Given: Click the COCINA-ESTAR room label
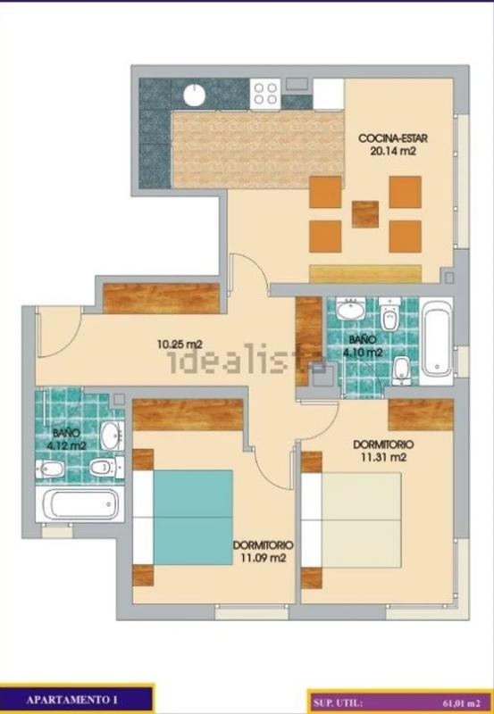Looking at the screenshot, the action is tap(393, 138).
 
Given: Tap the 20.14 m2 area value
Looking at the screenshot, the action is tap(393, 151).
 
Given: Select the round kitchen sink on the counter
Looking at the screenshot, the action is tap(195, 95).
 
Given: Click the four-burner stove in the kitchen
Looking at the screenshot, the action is tap(265, 94).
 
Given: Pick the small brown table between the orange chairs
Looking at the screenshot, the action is tap(365, 214).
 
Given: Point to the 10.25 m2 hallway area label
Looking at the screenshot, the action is tap(179, 345).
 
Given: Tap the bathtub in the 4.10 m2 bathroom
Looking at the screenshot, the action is tap(436, 341).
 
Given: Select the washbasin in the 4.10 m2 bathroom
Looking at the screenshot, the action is tap(350, 310).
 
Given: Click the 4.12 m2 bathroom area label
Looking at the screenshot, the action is tap(66, 445).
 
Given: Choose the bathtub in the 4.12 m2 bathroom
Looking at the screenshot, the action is tap(80, 504).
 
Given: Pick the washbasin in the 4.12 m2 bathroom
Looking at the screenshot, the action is tap(112, 436).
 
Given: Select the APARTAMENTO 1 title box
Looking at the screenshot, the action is tap(77, 699).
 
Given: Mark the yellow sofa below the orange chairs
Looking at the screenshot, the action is tap(365, 274).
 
